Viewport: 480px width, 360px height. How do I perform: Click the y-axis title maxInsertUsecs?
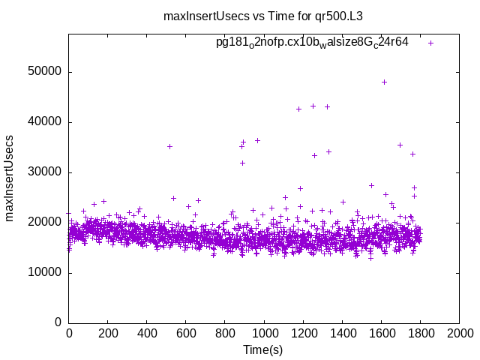tap(10, 178)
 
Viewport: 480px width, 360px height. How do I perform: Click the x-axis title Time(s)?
tap(263, 350)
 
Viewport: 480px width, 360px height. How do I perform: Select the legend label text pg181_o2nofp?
tap(312, 43)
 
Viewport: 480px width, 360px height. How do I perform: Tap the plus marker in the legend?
tap(431, 43)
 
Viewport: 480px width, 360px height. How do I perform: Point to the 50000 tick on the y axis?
tap(44, 72)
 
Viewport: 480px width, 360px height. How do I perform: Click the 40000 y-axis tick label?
tap(44, 122)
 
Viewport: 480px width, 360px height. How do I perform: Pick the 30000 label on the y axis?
tap(44, 172)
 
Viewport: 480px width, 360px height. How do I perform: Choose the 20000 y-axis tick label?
tap(44, 223)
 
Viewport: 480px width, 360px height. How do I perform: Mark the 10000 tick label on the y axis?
tap(44, 273)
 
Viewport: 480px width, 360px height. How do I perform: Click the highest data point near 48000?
tap(385, 82)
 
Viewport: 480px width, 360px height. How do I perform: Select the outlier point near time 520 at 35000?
tap(169, 146)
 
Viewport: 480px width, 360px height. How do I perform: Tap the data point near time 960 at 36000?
tap(257, 140)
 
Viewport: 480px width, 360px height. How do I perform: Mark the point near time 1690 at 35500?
tap(400, 145)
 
